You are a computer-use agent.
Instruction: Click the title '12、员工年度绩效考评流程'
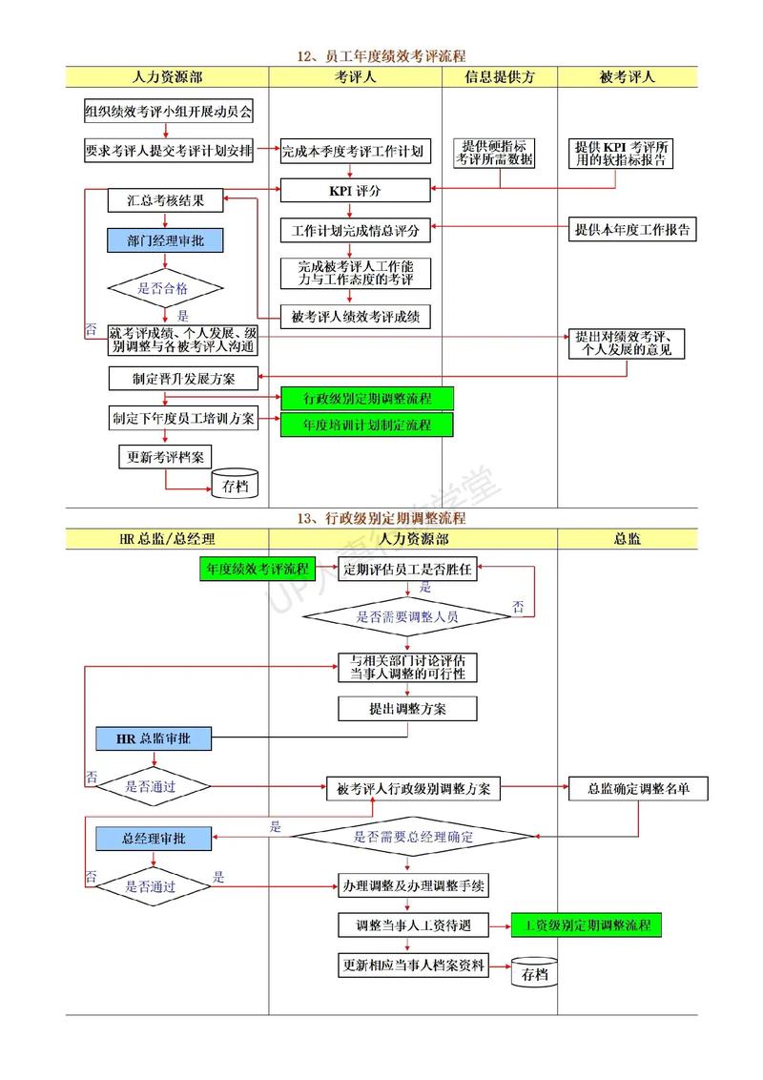pos(381,56)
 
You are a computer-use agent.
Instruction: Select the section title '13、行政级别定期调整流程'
pos(381,518)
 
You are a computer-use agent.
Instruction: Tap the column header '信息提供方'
pos(500,77)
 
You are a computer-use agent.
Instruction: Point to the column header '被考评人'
pos(628,77)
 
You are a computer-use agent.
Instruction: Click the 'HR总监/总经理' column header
pos(167,539)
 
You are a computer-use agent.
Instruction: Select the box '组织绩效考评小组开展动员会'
pos(168,112)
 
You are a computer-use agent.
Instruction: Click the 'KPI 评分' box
pos(355,191)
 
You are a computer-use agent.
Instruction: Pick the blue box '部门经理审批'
pos(166,241)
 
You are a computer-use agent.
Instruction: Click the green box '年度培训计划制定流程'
pos(367,426)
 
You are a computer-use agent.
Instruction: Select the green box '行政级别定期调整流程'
pos(367,398)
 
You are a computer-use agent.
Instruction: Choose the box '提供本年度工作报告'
pos(632,229)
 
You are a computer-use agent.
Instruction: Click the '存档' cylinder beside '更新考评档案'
pos(235,484)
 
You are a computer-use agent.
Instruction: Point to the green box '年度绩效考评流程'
pos(257,570)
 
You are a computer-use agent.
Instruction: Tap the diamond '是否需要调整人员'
pos(407,616)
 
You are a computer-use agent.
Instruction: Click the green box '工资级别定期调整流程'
pos(586,924)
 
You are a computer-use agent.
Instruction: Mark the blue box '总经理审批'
pos(153,839)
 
